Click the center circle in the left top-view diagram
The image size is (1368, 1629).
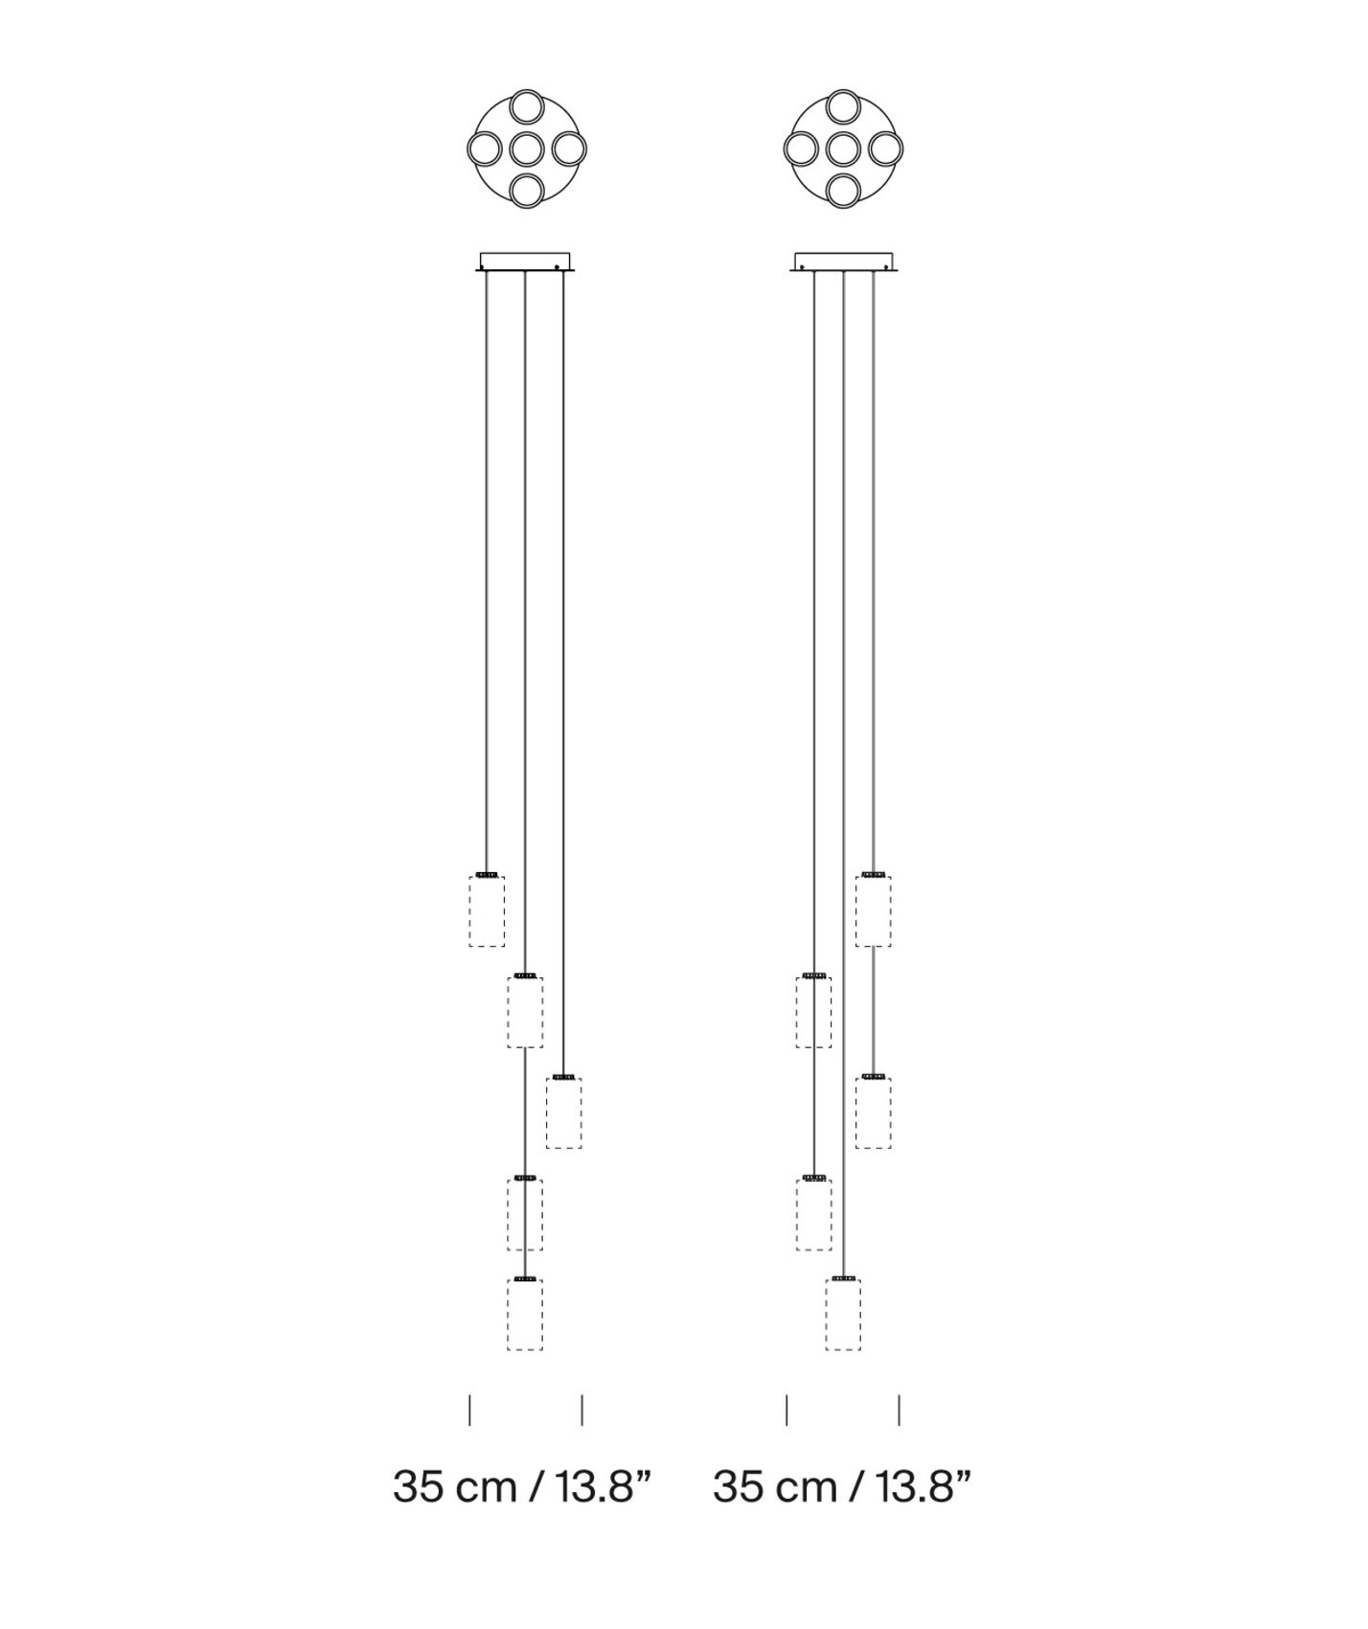click(527, 149)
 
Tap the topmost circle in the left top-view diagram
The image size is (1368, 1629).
click(527, 107)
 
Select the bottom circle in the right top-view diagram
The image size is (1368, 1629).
click(844, 191)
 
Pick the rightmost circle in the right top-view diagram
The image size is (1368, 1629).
click(885, 149)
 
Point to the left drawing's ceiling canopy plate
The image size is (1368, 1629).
click(525, 262)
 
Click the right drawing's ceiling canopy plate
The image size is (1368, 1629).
click(843, 262)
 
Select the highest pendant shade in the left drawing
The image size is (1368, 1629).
click(487, 910)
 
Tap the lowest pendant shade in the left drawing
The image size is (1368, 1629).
click(525, 1314)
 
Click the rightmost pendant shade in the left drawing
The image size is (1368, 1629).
click(563, 1112)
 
